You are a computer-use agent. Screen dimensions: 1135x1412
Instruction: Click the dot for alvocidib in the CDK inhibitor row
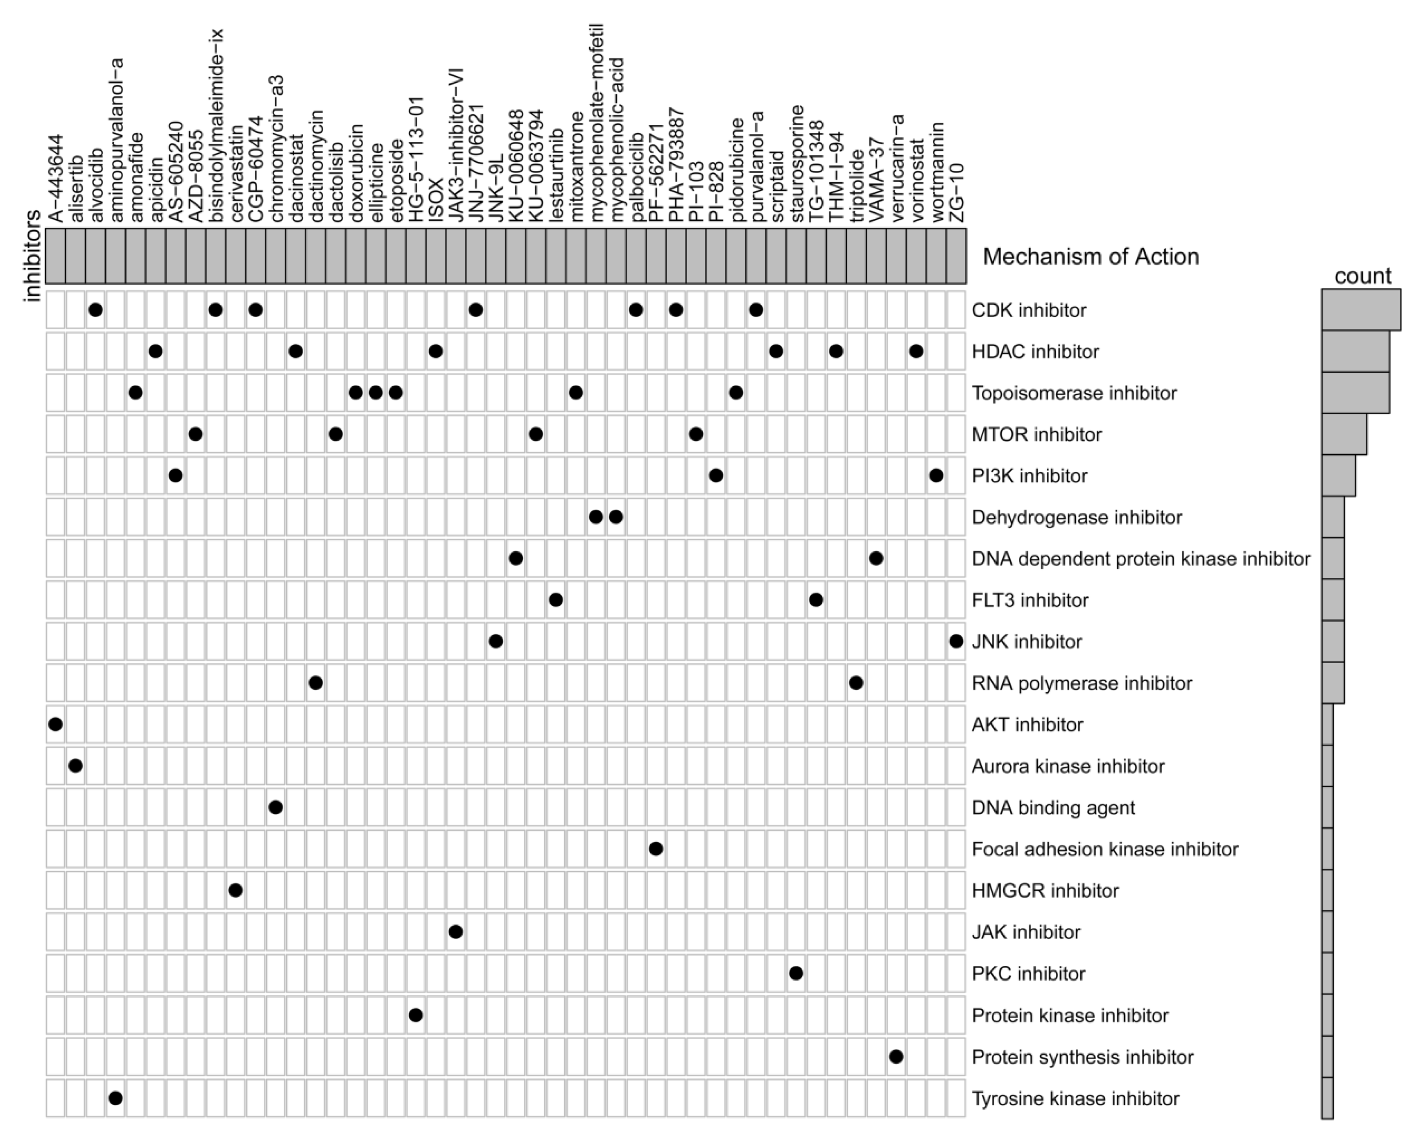[x=95, y=310]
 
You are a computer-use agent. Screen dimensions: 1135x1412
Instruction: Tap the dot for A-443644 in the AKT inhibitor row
[x=56, y=724]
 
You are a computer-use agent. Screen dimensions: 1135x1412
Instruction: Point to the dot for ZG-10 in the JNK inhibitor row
[x=956, y=641]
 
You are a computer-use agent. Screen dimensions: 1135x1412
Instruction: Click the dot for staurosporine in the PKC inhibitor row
[x=796, y=973]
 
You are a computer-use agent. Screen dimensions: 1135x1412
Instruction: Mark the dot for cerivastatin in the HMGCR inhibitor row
[x=236, y=890]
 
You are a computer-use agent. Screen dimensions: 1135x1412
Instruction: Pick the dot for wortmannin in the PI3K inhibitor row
[x=937, y=476]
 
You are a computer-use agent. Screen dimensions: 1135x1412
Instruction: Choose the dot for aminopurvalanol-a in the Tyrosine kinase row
[x=115, y=1098]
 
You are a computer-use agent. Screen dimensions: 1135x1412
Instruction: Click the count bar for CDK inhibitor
[x=1361, y=310]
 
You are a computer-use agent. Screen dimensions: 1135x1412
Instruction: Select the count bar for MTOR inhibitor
[x=1344, y=434]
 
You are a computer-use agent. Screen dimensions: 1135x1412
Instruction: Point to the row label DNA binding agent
[x=1053, y=808]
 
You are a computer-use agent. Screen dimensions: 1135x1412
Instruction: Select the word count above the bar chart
[x=1362, y=276]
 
